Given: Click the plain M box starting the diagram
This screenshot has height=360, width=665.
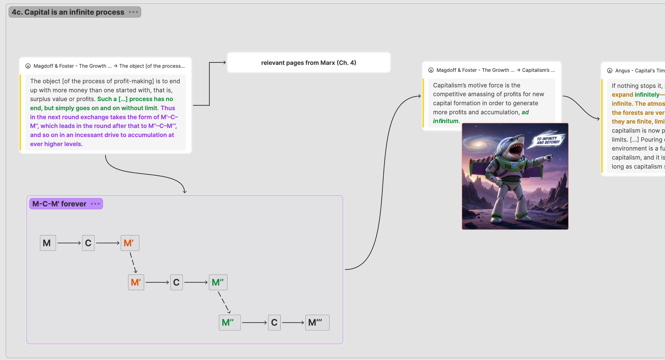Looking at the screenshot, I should click(x=48, y=243).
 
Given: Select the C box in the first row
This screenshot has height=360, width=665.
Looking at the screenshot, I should click(x=88, y=243).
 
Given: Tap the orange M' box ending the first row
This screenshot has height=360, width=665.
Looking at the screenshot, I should click(x=130, y=243).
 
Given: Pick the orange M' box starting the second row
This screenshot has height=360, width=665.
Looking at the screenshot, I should click(x=136, y=282).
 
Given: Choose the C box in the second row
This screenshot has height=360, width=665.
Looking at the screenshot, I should click(x=176, y=282).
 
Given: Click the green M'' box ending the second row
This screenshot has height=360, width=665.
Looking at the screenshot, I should click(x=218, y=282).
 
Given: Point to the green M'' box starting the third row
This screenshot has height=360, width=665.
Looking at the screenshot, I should click(x=229, y=322).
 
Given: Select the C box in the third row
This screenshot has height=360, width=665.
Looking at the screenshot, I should click(x=274, y=322).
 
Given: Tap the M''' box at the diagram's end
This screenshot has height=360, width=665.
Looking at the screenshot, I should click(x=317, y=322).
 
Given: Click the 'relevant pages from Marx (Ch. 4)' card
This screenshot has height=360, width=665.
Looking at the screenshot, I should click(x=309, y=63).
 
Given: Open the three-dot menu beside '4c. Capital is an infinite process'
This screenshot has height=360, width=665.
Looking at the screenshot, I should click(x=133, y=12).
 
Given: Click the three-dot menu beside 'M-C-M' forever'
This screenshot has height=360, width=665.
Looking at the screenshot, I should click(x=95, y=204).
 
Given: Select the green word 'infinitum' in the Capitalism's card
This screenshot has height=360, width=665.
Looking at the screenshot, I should click(x=446, y=121).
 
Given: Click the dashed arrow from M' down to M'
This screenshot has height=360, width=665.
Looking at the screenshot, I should click(x=133, y=263).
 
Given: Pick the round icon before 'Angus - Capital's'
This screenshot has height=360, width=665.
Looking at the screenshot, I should click(x=610, y=71).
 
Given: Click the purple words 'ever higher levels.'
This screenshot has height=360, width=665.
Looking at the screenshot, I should click(x=57, y=144).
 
